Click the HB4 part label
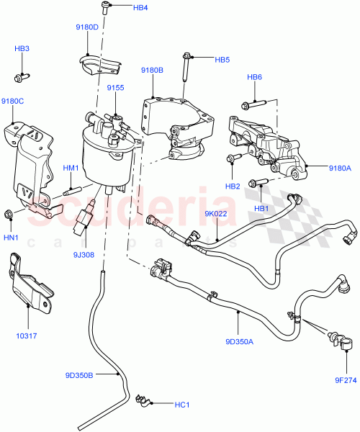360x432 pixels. [140, 8]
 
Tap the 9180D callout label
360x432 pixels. [87, 27]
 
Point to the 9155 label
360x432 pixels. [117, 87]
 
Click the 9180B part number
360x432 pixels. [152, 70]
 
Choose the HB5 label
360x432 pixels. [222, 59]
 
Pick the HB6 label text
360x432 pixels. [255, 77]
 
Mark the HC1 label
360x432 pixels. [182, 405]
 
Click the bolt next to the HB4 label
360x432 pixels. [107, 7]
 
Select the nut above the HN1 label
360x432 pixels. [9, 212]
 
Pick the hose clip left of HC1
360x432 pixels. [142, 397]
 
